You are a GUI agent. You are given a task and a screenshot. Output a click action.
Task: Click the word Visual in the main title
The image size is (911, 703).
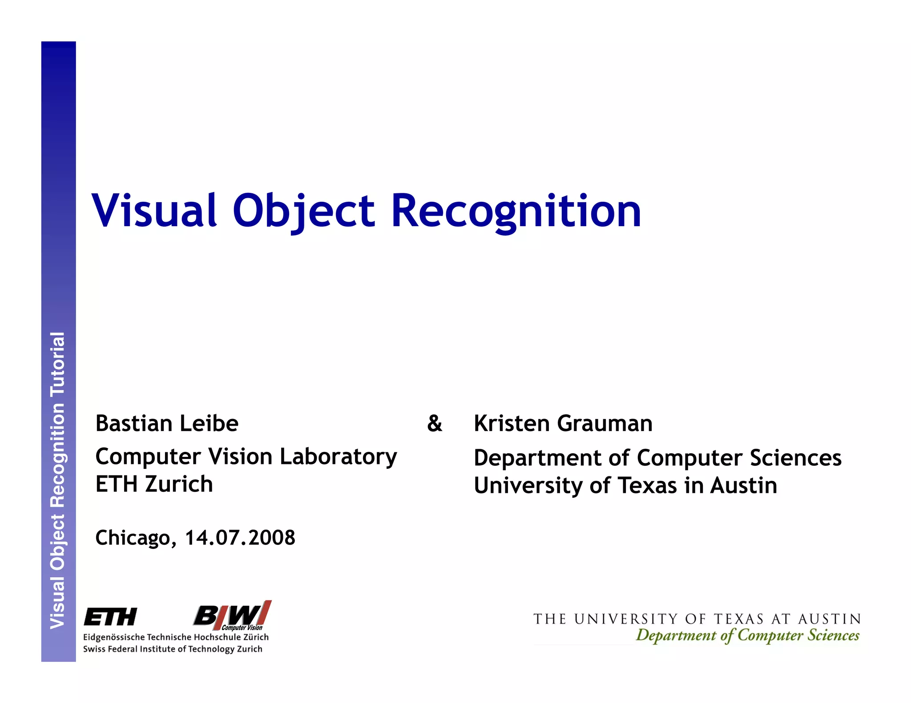(154, 211)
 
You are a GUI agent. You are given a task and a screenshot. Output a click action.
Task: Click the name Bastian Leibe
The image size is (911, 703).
(167, 423)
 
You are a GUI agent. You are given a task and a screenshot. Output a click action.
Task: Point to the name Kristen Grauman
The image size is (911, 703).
(563, 423)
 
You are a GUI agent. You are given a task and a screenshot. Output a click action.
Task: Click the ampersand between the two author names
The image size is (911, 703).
(435, 423)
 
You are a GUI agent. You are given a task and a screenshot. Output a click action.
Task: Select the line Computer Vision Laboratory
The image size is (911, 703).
(246, 457)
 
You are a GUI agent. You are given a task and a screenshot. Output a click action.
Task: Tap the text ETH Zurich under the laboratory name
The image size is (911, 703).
(154, 484)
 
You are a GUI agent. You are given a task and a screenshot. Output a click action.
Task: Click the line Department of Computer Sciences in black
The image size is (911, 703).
(657, 458)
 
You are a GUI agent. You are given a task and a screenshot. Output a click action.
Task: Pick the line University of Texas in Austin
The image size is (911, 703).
(625, 485)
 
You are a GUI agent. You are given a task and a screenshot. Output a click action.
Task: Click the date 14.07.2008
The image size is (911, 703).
(240, 538)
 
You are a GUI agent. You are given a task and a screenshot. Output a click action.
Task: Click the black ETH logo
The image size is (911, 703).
(110, 617)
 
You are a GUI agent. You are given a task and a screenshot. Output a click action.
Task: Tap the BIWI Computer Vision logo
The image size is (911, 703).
(232, 616)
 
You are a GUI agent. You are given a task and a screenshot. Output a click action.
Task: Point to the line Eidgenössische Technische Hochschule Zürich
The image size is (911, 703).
(176, 637)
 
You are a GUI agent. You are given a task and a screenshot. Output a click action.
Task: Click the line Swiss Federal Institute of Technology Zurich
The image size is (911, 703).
(173, 649)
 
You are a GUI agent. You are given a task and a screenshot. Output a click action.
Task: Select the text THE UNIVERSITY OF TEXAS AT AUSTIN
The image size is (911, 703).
(697, 619)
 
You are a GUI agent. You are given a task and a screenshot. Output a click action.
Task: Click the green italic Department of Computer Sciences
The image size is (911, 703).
(747, 635)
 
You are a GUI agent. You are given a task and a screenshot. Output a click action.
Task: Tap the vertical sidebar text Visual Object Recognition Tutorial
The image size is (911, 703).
(58, 480)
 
